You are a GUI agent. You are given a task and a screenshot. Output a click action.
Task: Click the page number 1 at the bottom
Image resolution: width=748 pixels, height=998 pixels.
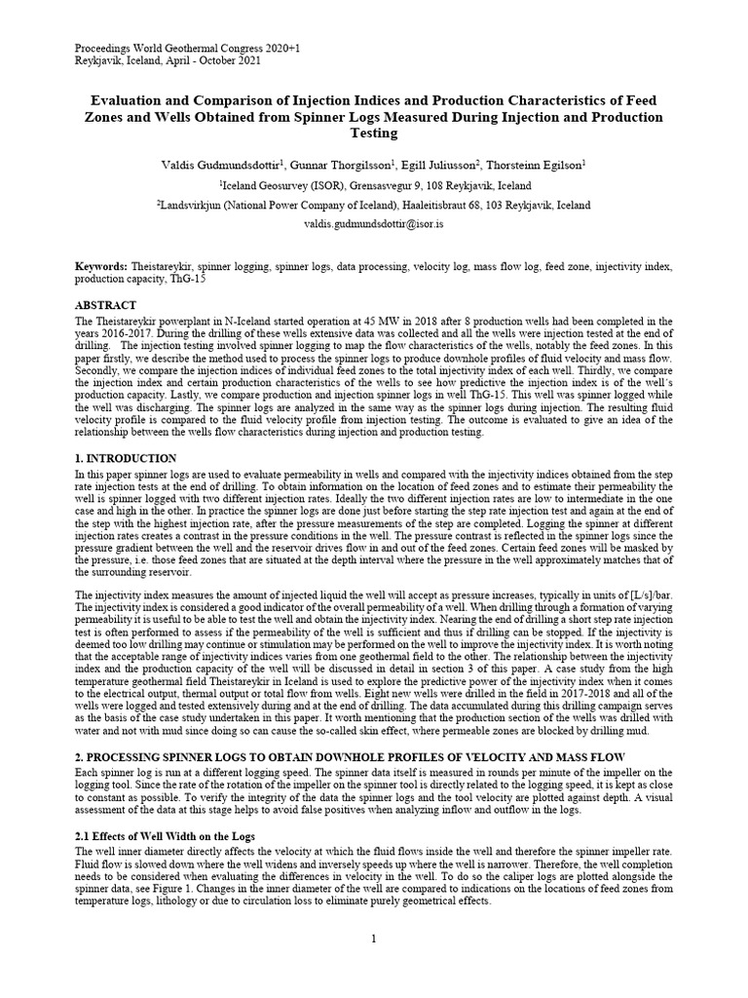pyautogui.click(x=374, y=938)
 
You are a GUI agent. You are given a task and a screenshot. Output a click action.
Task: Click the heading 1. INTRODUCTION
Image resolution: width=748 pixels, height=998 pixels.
pyautogui.click(x=126, y=458)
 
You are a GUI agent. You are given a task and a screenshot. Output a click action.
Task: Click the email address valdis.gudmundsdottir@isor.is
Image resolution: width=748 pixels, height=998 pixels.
pyautogui.click(x=374, y=223)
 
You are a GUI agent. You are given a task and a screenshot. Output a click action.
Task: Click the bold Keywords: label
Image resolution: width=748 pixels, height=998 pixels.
pyautogui.click(x=101, y=266)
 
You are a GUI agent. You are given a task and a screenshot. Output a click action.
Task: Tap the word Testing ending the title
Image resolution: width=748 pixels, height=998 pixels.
pyautogui.click(x=374, y=134)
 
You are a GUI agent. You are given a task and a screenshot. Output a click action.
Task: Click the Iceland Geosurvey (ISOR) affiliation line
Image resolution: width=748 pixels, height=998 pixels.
pyautogui.click(x=374, y=185)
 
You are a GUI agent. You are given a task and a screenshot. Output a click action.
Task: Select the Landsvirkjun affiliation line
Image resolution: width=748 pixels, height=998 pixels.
pyautogui.click(x=374, y=205)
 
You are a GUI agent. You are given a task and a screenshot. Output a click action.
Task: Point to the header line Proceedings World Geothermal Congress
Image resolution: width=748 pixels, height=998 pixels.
pyautogui.click(x=174, y=48)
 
